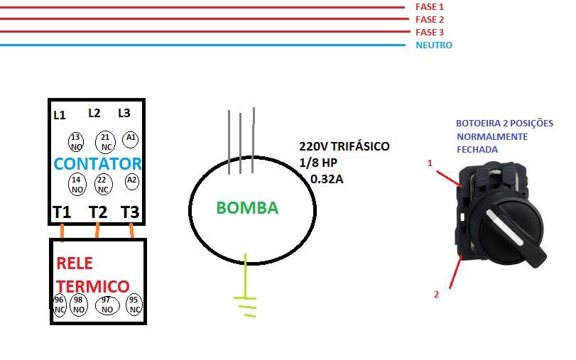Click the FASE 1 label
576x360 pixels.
[x=429, y=6]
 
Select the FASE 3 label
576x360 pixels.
[x=429, y=32]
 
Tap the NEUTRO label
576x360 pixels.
[x=434, y=45]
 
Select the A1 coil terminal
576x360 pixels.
[x=131, y=137]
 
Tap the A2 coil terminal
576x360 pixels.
[x=131, y=180]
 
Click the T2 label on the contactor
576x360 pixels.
[x=97, y=212]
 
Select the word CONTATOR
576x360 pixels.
[x=98, y=163]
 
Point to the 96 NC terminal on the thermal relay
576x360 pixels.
[x=59, y=305]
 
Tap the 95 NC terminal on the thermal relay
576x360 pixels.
[x=133, y=304]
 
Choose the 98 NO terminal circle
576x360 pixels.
[x=79, y=305]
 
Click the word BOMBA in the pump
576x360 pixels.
[x=247, y=208]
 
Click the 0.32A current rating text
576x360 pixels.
[x=327, y=179]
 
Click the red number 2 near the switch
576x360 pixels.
[x=437, y=293]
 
